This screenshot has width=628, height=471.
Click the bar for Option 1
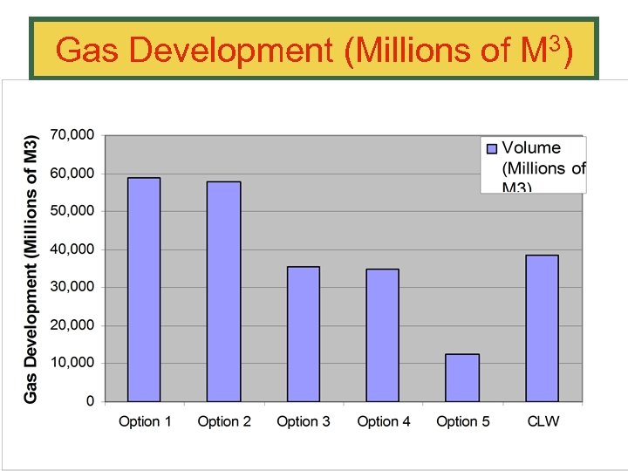pyautogui.click(x=144, y=290)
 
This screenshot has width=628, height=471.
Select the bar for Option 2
pyautogui.click(x=223, y=291)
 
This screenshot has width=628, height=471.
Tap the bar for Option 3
pyautogui.click(x=303, y=334)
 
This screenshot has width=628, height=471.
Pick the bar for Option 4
pyautogui.click(x=382, y=335)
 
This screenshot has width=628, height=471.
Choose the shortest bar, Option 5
pyautogui.click(x=462, y=378)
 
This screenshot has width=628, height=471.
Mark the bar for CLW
pyautogui.click(x=542, y=328)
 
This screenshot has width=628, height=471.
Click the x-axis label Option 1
pyautogui.click(x=145, y=421)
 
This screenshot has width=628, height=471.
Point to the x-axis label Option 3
pyautogui.click(x=304, y=421)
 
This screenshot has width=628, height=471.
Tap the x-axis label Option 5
pyautogui.click(x=463, y=421)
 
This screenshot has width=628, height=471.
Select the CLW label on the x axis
pyautogui.click(x=543, y=421)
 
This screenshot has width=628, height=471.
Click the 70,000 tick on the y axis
pyautogui.click(x=73, y=135)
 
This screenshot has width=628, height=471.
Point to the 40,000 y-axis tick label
pyautogui.click(x=73, y=249)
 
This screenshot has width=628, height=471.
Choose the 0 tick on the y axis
pyautogui.click(x=90, y=401)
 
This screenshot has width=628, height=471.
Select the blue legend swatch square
pyautogui.click(x=491, y=149)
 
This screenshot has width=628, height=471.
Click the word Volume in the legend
pyautogui.click(x=531, y=148)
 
